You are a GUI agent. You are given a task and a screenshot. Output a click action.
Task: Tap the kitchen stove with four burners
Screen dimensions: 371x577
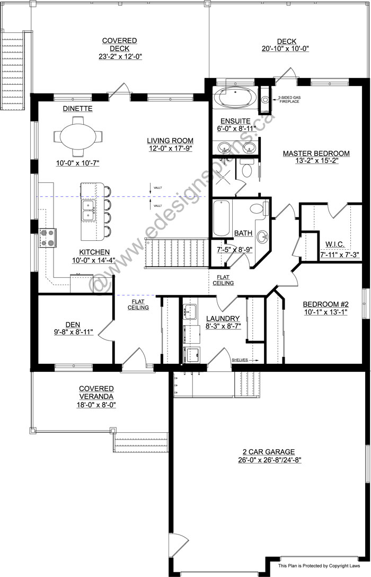coord(48,238)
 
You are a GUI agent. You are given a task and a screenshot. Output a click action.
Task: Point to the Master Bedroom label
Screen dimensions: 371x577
coord(316,153)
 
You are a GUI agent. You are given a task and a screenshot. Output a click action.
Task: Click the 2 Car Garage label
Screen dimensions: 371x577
coord(268,451)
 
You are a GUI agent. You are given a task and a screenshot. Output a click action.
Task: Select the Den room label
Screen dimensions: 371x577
coord(73,325)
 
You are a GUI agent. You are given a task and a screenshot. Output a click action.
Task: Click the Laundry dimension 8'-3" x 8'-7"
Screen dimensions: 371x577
coord(224,326)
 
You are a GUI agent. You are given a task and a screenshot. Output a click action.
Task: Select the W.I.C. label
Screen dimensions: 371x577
coord(335,244)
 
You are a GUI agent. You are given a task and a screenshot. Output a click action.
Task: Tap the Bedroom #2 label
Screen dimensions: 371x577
coord(325,304)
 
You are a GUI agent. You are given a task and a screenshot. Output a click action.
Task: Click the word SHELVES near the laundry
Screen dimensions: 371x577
coord(240,360)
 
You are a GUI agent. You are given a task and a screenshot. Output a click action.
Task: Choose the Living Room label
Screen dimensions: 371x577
coord(170,141)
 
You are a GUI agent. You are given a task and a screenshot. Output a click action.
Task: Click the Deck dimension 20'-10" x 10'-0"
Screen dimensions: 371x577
coord(285,49)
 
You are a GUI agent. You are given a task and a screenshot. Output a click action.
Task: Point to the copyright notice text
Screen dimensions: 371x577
coord(319,566)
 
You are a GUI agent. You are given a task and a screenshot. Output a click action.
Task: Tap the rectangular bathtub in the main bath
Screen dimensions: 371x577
coord(222,217)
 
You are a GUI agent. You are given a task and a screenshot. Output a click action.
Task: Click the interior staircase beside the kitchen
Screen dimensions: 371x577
coord(176,253)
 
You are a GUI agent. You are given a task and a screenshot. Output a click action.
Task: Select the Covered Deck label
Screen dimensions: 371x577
coord(119,44)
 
